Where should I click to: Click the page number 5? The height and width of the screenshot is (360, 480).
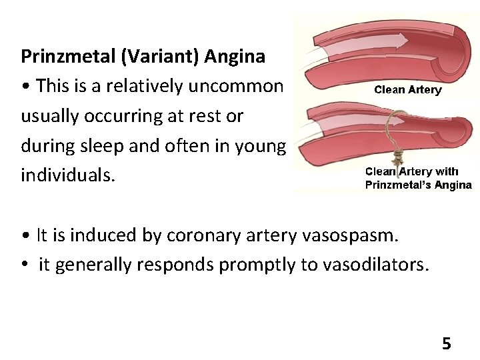pyautogui.click(x=446, y=344)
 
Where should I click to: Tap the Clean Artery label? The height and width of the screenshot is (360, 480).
pyautogui.click(x=407, y=90)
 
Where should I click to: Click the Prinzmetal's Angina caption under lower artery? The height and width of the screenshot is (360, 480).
pyautogui.click(x=418, y=185)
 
